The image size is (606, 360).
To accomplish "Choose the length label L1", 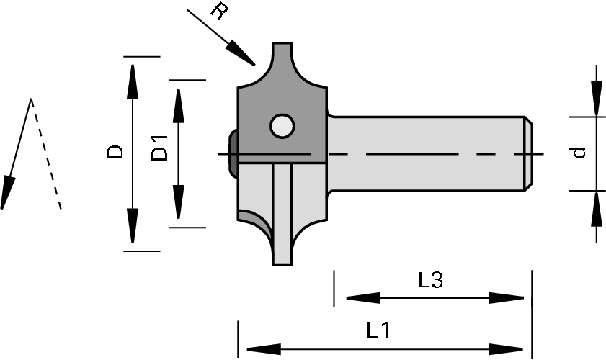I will pos(378,330).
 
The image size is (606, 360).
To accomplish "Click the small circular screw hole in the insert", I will pos(282,126).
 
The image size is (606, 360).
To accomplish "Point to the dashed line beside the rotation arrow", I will pos(47,158).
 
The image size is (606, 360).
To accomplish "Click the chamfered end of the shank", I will pos(528,153).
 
